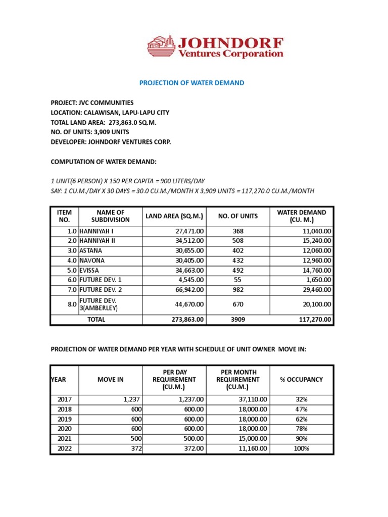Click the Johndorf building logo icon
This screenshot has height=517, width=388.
point(161,46)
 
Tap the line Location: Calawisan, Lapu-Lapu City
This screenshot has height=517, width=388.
point(110,113)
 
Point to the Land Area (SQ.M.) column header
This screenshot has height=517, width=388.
point(174,216)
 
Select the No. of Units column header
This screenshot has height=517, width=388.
point(237,216)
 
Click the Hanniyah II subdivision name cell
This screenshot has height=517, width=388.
point(98,240)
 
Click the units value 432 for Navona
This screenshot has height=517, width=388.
point(237,260)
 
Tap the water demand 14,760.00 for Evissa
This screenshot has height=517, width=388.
point(314,270)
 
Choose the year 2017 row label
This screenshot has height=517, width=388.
point(65,399)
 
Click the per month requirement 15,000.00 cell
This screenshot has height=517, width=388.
point(253,438)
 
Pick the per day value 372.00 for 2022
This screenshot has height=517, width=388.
point(193,448)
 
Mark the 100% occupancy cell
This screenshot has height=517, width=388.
point(302,448)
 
